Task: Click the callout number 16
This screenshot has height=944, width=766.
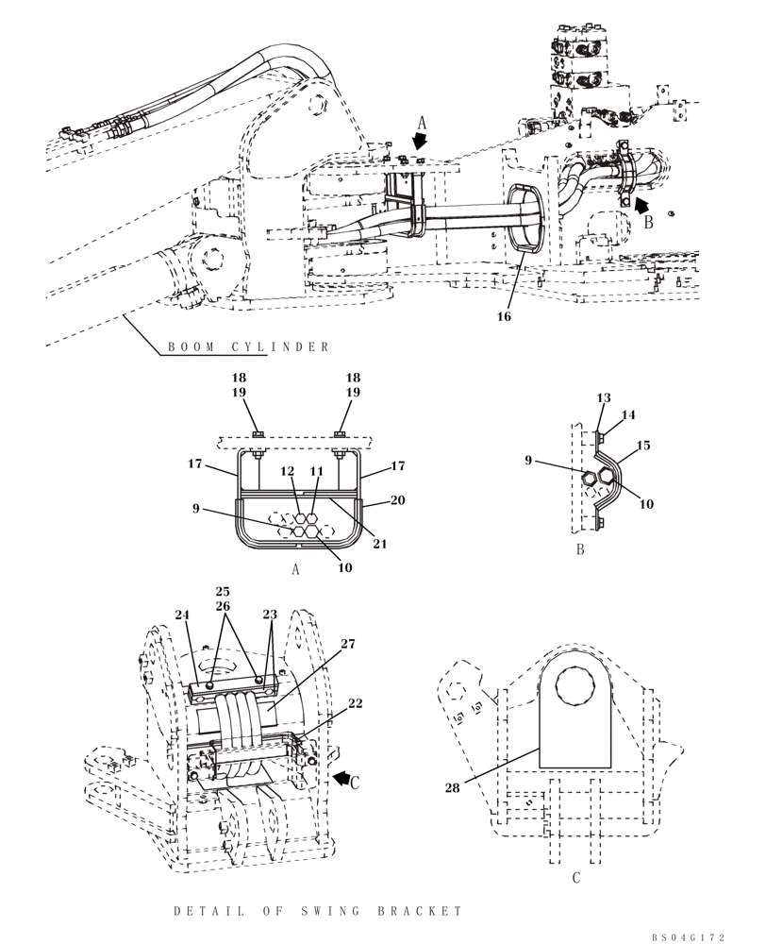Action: pos(504,317)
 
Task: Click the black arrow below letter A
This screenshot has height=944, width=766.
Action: pos(419,139)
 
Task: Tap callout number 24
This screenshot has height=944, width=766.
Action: pos(181,615)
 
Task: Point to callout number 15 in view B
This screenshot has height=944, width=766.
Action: pos(642,444)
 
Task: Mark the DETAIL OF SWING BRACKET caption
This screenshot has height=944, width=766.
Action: pos(319,911)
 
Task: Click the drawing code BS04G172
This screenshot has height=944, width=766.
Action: pos(688,936)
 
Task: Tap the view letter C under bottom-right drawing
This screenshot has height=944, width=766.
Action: pos(575,878)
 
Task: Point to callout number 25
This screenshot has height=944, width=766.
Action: pos(224,591)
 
